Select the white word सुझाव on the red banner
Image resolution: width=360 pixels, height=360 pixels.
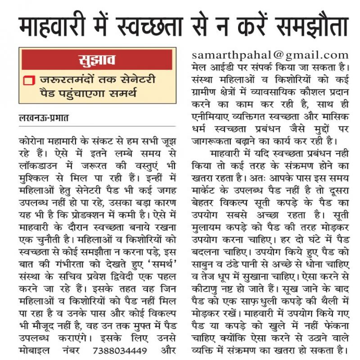97,59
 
